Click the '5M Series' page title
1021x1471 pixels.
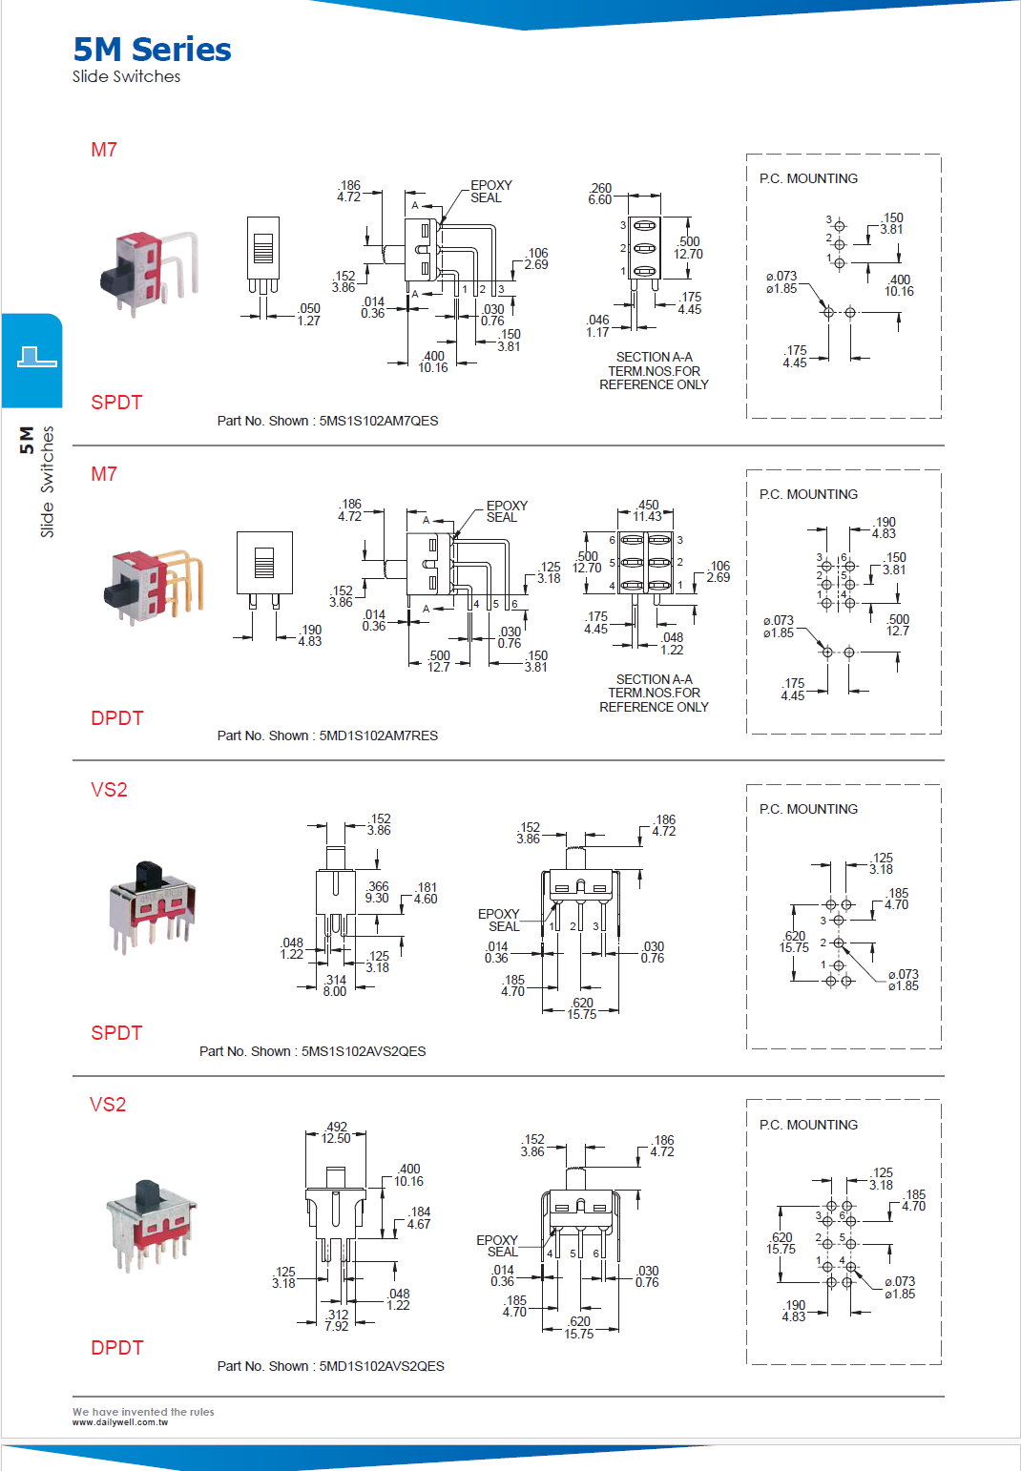[152, 50]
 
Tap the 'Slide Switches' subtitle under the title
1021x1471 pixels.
[126, 77]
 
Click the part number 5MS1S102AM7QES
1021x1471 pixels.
[378, 421]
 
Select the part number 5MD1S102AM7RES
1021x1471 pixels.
[378, 735]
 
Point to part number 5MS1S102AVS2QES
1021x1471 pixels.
[363, 1051]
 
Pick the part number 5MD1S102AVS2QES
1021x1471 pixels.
[381, 1366]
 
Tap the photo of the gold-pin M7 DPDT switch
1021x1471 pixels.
[153, 586]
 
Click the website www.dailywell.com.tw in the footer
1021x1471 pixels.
[119, 1422]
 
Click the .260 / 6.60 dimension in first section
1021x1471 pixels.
[600, 194]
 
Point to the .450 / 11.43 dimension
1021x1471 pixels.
[647, 510]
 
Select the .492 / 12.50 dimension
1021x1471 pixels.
[336, 1132]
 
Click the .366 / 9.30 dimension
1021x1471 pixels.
[377, 892]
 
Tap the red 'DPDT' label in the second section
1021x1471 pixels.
[116, 718]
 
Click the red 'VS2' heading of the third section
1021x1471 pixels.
[109, 790]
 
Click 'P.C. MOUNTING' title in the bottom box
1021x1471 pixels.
[808, 1125]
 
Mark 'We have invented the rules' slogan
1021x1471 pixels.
[143, 1412]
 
